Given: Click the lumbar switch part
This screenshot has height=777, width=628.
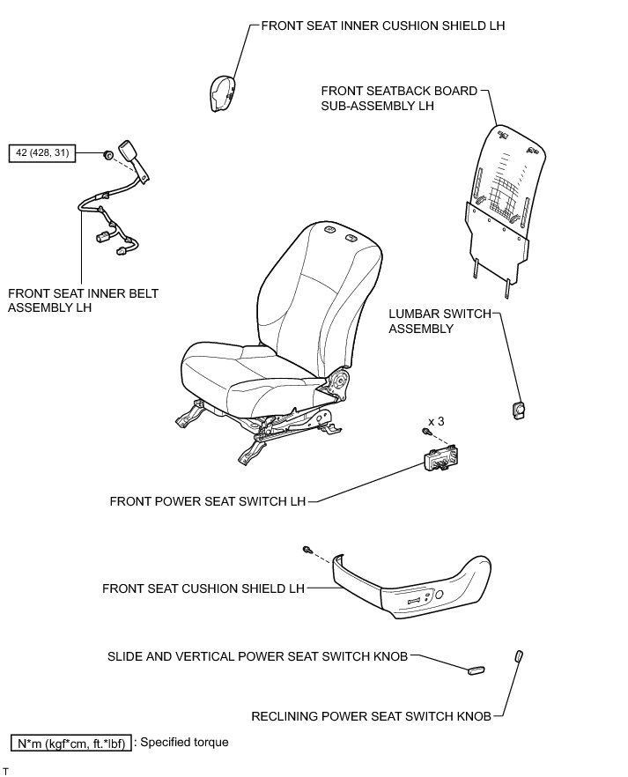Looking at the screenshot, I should (517, 409).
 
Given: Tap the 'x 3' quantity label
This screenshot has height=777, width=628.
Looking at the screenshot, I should (435, 422).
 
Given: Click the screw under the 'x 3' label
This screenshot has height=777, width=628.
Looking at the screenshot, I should (427, 433).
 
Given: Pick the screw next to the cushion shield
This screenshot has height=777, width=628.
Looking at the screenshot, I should (307, 549).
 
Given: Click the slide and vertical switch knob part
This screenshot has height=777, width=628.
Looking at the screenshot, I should (476, 669).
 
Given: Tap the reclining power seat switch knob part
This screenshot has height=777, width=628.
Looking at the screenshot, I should (519, 656).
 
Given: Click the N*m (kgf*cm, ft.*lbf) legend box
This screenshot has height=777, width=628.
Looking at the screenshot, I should (70, 743).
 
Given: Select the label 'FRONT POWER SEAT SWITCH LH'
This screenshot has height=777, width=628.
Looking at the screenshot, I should (207, 501).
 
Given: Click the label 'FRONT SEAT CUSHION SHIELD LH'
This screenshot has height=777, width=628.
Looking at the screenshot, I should (203, 587).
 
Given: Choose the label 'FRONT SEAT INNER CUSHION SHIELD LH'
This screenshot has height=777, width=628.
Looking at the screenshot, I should (383, 26).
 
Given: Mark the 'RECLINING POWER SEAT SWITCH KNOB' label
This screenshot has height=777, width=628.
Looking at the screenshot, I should (371, 716).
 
